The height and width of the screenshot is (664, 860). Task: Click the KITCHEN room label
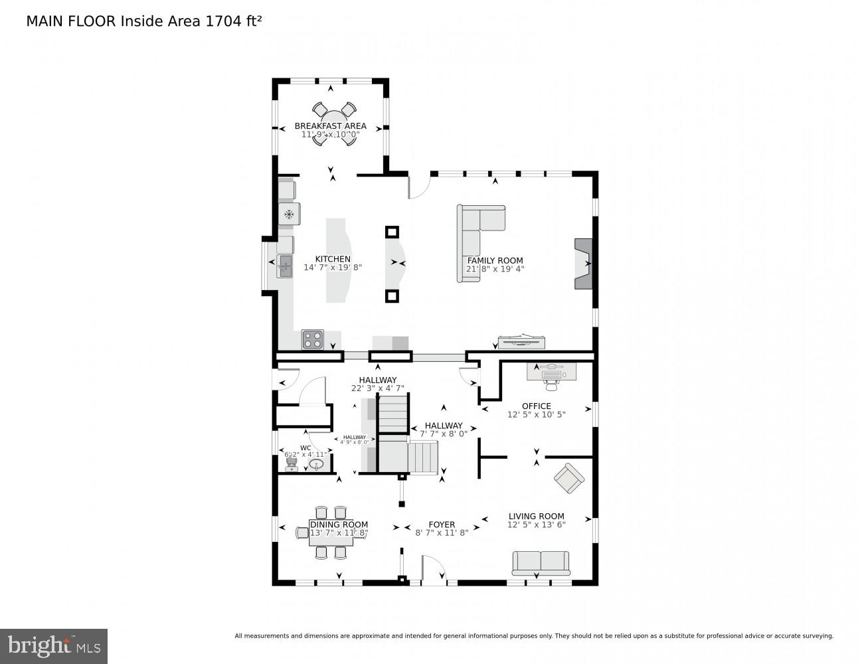click(x=333, y=259)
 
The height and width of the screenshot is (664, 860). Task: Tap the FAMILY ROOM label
click(x=495, y=260)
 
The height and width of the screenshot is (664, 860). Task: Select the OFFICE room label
click(x=536, y=406)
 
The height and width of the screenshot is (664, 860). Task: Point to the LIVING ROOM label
click(x=536, y=516)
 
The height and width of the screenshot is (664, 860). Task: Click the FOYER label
click(x=442, y=524)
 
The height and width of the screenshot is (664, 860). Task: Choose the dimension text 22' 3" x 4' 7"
click(x=377, y=388)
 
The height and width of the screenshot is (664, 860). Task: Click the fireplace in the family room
click(x=582, y=263)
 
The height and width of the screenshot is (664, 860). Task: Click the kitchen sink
click(x=285, y=266)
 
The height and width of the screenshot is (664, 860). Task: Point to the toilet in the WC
click(x=291, y=463)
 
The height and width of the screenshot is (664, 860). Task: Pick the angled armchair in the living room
click(x=569, y=478)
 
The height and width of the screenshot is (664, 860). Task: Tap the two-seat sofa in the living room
click(x=541, y=563)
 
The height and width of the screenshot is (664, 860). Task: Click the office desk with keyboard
click(x=551, y=373)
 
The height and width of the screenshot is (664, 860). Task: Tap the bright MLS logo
click(x=53, y=645)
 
